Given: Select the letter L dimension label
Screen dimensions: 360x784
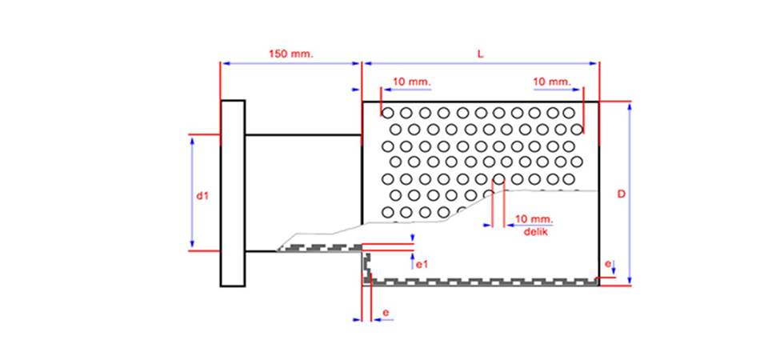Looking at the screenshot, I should click(x=480, y=54).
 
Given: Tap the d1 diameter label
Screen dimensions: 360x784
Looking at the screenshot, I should click(x=202, y=194).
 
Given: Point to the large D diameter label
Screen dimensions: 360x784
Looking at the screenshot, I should click(x=621, y=194).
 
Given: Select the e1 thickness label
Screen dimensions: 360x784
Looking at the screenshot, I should click(x=425, y=261).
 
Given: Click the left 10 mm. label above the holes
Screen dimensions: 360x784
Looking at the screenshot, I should click(x=411, y=82).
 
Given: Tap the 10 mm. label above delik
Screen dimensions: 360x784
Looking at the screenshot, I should click(x=534, y=219).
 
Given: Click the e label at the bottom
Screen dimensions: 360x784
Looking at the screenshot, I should click(x=386, y=311).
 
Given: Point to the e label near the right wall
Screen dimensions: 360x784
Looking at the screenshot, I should click(x=609, y=262).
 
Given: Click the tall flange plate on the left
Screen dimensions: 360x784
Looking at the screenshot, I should click(x=233, y=192).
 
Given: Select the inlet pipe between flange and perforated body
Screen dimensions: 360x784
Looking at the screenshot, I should click(x=303, y=192).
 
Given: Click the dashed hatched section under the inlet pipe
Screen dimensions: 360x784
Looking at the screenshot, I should click(x=320, y=248).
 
